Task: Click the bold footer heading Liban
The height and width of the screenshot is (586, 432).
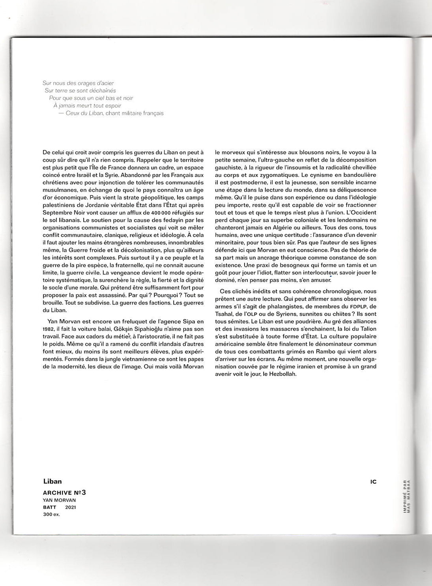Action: (53, 481)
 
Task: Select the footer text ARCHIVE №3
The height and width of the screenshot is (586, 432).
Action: (64, 492)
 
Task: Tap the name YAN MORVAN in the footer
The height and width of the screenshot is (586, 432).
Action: (59, 500)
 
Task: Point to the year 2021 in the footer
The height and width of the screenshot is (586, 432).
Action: (71, 507)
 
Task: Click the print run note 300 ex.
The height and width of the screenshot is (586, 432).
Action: (51, 515)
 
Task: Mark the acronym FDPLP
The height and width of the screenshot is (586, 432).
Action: (354, 306)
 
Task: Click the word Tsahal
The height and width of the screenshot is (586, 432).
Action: (224, 314)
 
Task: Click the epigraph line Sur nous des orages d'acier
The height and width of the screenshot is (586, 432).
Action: (78, 83)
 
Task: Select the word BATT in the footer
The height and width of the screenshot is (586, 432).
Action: (50, 507)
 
